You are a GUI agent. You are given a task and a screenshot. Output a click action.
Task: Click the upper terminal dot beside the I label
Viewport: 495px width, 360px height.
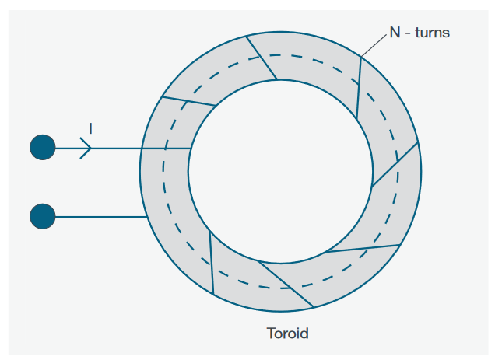click(43, 147)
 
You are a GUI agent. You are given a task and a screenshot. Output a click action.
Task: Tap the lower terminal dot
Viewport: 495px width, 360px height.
click(43, 216)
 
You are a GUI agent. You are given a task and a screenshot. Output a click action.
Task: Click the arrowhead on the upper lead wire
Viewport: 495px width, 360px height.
click(86, 147)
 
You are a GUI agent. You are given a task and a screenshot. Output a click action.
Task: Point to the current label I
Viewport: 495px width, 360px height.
click(90, 128)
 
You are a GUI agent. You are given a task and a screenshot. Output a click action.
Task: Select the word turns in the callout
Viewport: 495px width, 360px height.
click(431, 33)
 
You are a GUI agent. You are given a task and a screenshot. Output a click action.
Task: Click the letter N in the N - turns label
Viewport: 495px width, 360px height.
click(395, 33)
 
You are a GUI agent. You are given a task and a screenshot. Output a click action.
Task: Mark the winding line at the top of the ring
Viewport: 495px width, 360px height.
click(262, 57)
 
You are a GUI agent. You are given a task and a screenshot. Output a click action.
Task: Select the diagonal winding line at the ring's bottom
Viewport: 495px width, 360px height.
click(286, 284)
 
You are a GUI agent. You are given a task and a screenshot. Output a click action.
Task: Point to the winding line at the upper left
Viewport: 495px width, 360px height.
click(188, 101)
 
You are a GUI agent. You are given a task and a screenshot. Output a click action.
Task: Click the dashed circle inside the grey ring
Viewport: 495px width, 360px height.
click(165, 166)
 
